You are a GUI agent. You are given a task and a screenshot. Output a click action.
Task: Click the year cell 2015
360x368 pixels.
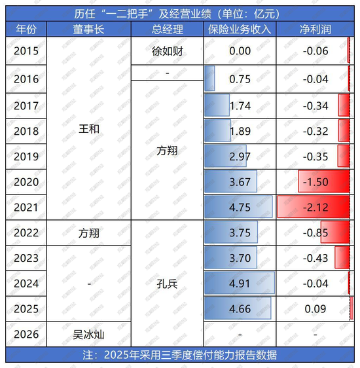(26, 50)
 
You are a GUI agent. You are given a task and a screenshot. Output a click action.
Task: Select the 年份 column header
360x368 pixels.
(26, 29)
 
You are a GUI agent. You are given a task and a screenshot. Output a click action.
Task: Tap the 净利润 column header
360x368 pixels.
(313, 29)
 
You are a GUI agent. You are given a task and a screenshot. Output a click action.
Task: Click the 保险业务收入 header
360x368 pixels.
(240, 29)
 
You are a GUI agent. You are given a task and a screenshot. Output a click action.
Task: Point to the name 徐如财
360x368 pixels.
(168, 50)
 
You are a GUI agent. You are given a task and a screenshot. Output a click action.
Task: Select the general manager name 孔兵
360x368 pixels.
(168, 284)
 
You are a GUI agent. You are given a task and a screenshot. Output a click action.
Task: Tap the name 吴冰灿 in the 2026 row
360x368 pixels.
(89, 335)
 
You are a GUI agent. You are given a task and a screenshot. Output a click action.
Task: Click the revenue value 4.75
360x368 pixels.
(240, 207)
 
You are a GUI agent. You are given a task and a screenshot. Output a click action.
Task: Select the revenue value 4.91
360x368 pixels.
(240, 284)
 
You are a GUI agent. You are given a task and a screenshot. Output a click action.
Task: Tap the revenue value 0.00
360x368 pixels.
(240, 50)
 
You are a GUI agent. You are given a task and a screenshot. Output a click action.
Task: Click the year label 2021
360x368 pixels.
(26, 207)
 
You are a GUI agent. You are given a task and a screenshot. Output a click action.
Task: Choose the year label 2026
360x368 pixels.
(26, 335)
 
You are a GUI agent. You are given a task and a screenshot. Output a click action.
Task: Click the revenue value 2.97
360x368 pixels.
(240, 156)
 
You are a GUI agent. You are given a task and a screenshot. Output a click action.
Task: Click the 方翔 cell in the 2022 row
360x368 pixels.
(89, 232)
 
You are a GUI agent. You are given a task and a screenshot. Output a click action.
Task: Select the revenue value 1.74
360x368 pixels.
(240, 105)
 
